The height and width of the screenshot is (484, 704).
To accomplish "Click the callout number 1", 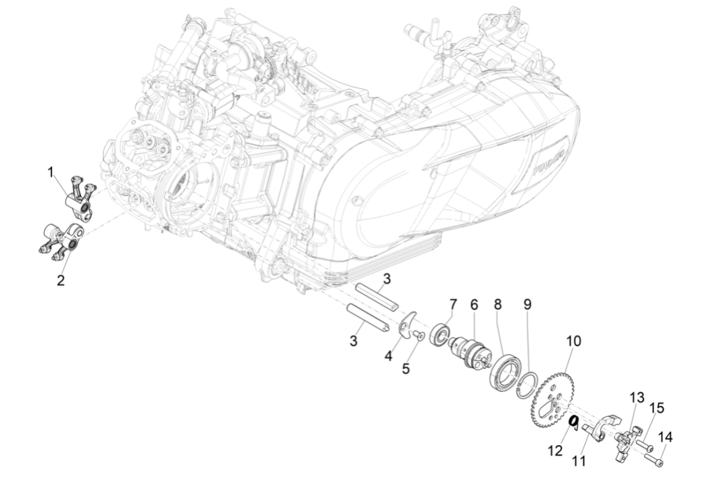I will pyautogui.click(x=51, y=172).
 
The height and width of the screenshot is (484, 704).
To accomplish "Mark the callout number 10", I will pyautogui.click(x=573, y=341).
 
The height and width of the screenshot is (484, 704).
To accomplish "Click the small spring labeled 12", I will pyautogui.click(x=576, y=421).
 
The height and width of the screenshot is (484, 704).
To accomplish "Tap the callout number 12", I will pyautogui.click(x=555, y=451).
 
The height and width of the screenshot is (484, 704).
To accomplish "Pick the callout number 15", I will pyautogui.click(x=657, y=408).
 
